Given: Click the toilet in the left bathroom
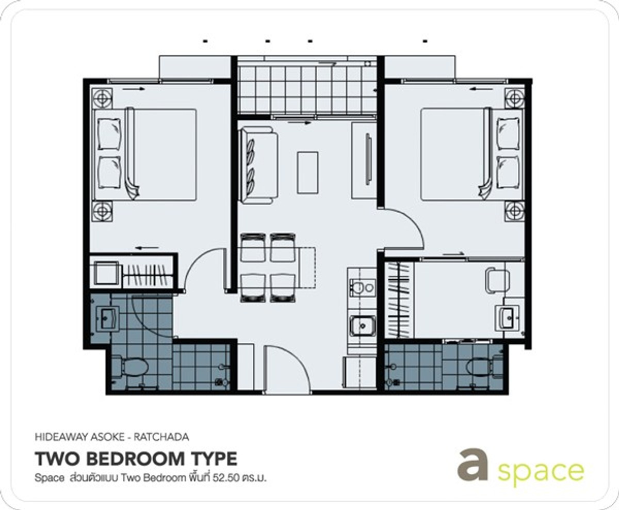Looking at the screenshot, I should [133, 366].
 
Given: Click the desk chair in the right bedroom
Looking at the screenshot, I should [497, 280].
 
